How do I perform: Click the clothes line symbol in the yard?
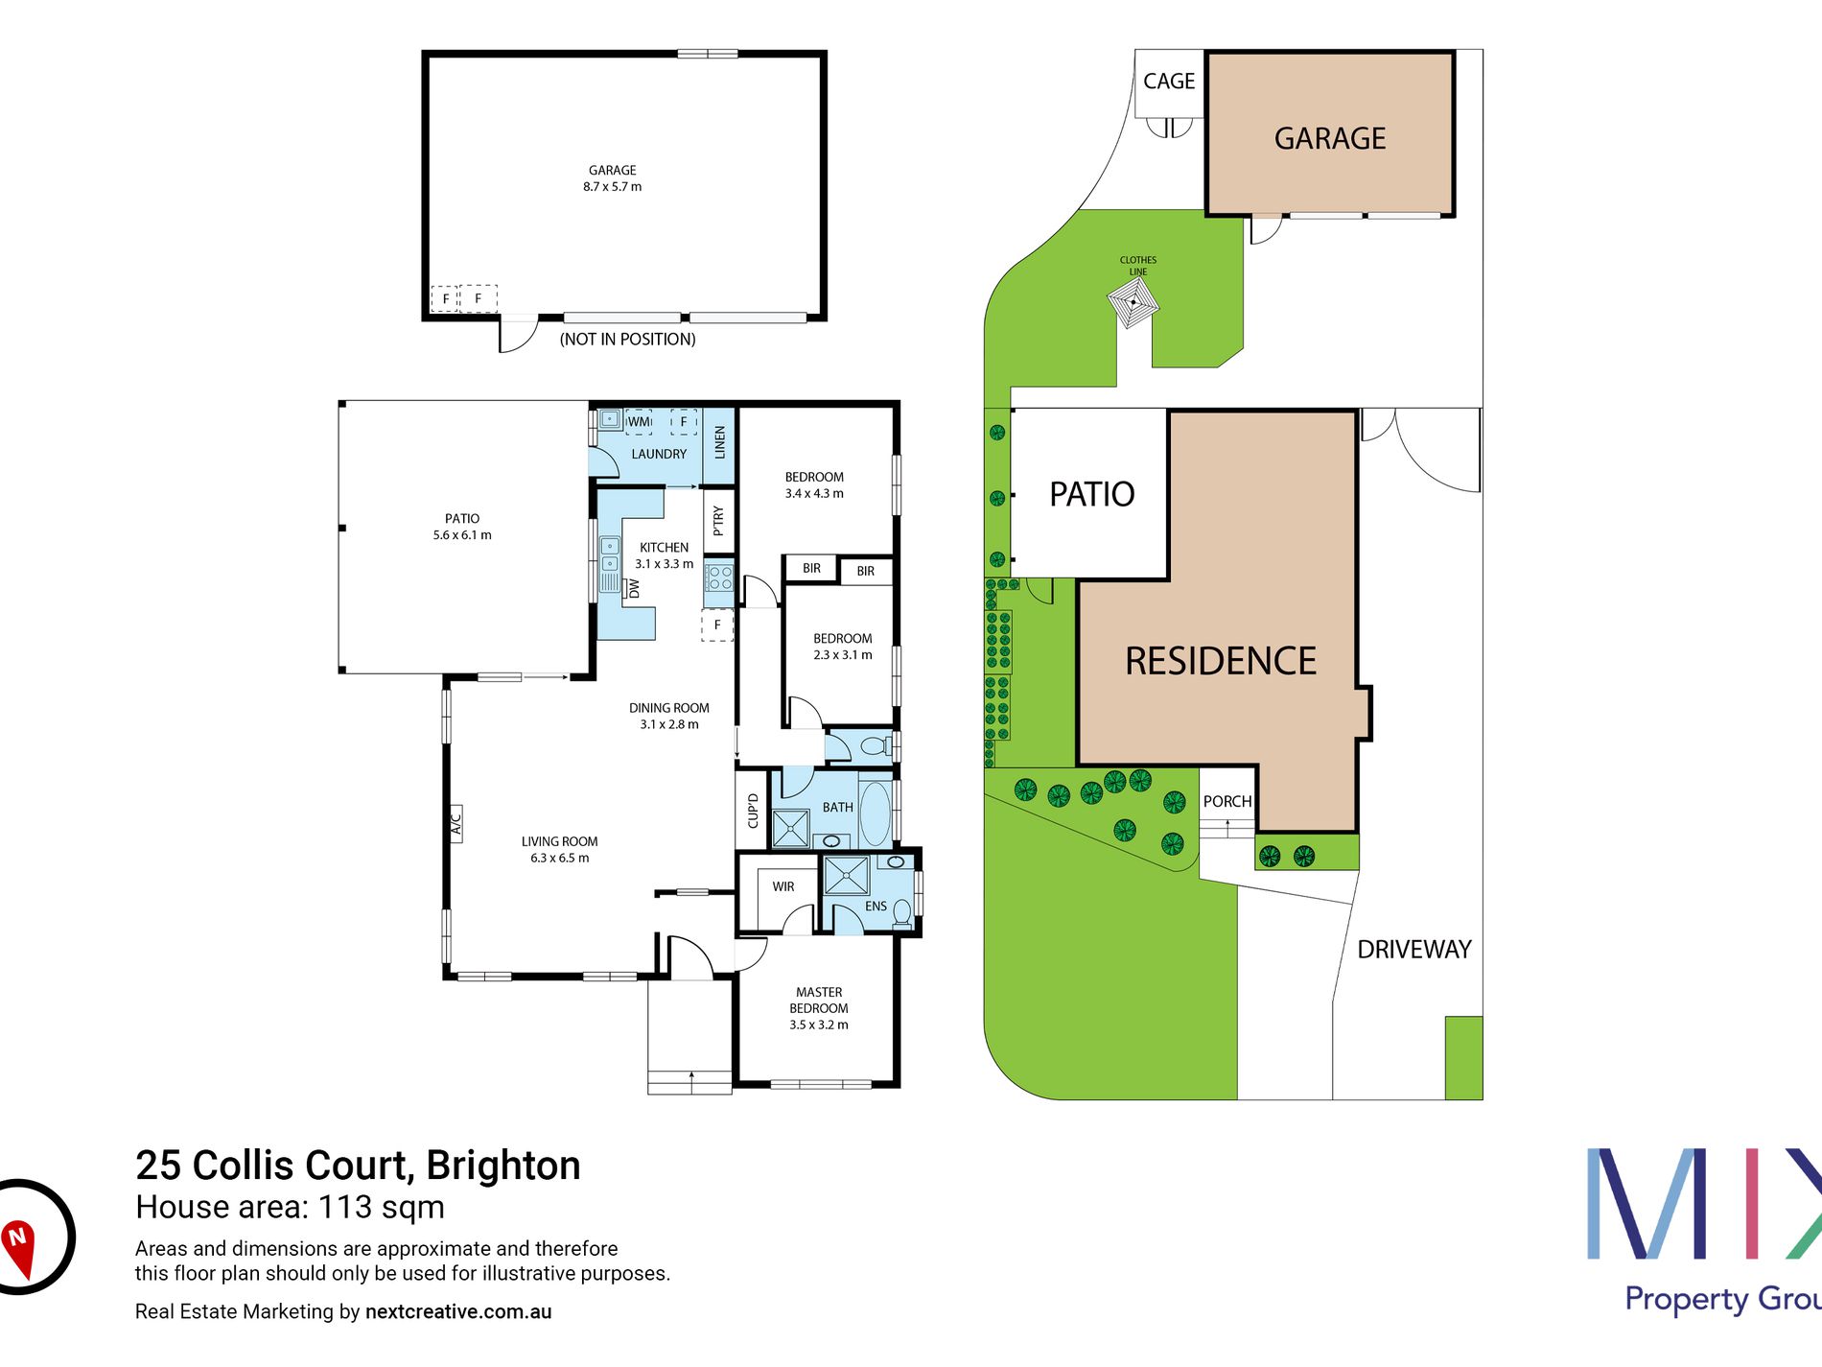[x=1133, y=304]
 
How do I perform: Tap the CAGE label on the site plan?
[x=1169, y=82]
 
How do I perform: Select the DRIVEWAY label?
[x=1414, y=950]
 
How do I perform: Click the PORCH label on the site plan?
[x=1227, y=801]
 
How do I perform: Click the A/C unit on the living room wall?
[x=456, y=823]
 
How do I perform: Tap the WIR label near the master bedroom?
[x=783, y=886]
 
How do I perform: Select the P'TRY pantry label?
[x=718, y=521]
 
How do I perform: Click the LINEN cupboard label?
[x=719, y=442]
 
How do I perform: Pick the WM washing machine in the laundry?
[x=639, y=421]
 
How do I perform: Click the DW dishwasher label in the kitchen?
[x=634, y=589]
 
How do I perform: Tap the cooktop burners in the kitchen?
[x=719, y=577]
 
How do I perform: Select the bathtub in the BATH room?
[x=875, y=813]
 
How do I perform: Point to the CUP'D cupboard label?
[x=753, y=811]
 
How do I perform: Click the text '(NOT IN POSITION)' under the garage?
[x=628, y=339]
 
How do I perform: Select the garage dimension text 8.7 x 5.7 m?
[x=613, y=187]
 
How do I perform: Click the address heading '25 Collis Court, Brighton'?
[x=358, y=1166]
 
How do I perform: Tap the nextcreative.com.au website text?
[x=458, y=1311]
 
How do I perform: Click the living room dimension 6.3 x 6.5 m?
[x=560, y=858]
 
